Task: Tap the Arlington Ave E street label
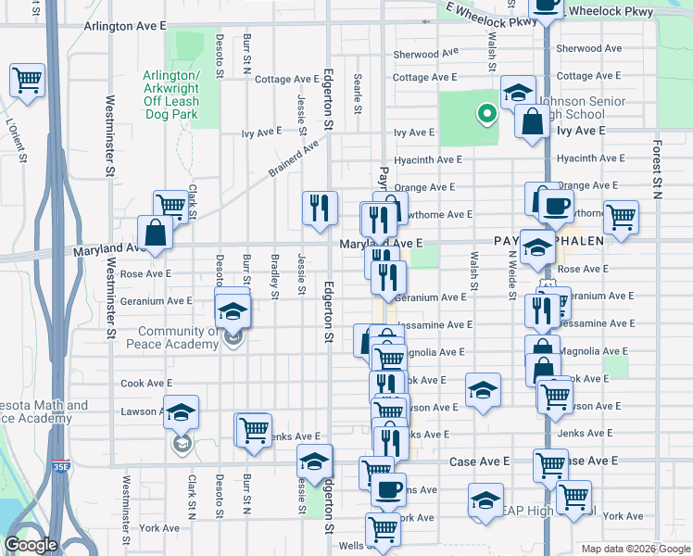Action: point(125,27)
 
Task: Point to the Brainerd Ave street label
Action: point(293,158)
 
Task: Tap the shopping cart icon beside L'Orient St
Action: point(27,81)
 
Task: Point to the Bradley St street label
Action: point(274,276)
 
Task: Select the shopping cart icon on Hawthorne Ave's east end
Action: point(621,217)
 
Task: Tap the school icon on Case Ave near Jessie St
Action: point(315,461)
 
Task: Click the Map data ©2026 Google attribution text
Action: point(635,549)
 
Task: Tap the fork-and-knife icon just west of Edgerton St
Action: point(320,208)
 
